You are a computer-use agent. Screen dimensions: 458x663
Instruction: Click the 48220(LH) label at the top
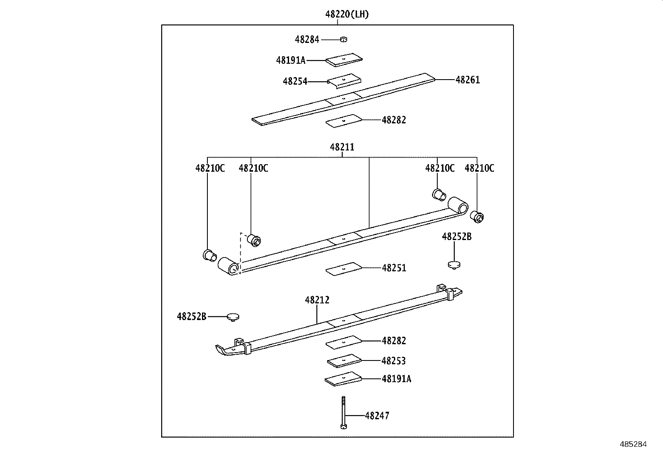click(347, 15)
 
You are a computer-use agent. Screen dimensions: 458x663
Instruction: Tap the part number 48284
click(307, 40)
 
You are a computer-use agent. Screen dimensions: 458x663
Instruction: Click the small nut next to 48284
click(344, 40)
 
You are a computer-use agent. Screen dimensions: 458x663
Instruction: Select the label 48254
click(295, 81)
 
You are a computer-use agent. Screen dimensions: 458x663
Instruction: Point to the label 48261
click(468, 80)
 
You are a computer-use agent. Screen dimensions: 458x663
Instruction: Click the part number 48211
click(342, 147)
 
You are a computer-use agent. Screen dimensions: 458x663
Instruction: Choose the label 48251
click(394, 268)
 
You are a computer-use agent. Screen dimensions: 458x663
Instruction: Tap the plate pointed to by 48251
click(344, 269)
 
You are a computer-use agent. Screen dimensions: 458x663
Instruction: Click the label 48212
click(317, 300)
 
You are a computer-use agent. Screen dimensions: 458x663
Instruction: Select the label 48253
click(394, 361)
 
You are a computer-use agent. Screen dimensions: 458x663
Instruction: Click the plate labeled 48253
click(344, 361)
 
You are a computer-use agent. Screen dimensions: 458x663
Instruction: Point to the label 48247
click(377, 416)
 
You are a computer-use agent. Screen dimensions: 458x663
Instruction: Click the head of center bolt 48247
click(343, 426)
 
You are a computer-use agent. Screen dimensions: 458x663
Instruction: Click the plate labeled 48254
click(344, 80)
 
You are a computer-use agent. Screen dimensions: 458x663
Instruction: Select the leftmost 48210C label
click(210, 168)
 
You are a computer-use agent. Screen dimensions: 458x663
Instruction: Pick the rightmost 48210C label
click(479, 168)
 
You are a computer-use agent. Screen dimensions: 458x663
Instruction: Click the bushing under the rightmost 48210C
click(476, 217)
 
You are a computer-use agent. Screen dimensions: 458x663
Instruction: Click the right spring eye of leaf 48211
click(458, 205)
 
